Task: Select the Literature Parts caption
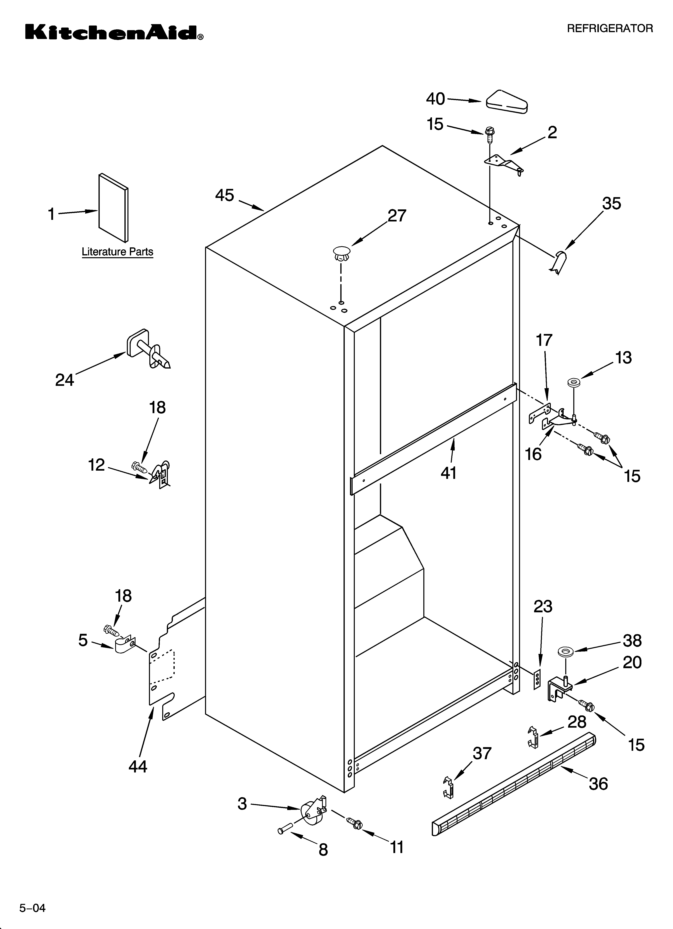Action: click(117, 252)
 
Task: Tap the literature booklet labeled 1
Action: click(113, 208)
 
